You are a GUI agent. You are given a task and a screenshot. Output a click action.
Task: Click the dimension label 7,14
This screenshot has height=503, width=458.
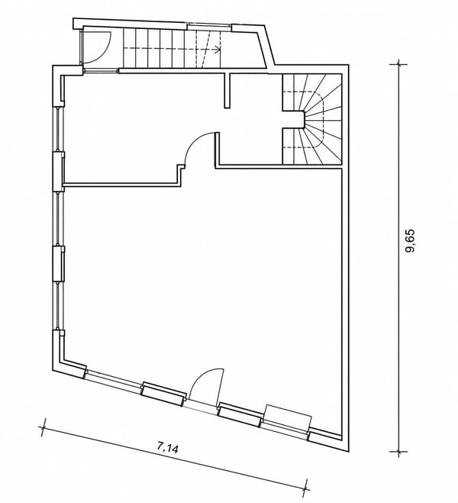[x=167, y=447]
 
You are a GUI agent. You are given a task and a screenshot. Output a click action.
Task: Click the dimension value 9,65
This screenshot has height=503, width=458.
[x=410, y=241]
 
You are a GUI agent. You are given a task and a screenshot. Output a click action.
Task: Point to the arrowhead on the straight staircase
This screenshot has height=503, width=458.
[x=217, y=49]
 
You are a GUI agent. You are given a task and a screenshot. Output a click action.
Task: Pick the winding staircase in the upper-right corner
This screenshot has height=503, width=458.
[x=312, y=119]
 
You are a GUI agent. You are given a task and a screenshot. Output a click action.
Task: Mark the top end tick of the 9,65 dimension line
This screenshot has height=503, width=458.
[x=398, y=64]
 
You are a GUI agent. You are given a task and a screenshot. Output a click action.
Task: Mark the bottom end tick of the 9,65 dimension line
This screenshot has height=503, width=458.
[x=398, y=452]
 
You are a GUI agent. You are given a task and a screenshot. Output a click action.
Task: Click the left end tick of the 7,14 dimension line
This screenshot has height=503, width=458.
[x=43, y=427]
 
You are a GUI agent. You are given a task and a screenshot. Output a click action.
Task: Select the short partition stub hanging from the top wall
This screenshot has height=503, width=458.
[x=227, y=90]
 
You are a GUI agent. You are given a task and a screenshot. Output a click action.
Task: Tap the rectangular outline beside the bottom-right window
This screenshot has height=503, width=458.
[x=288, y=418]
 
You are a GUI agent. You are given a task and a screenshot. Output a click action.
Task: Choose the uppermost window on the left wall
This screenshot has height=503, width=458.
[x=58, y=129]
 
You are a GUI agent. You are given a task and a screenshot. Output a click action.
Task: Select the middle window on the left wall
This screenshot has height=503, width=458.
[x=58, y=219]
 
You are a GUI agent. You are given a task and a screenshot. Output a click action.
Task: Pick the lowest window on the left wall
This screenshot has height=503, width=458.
[x=58, y=306]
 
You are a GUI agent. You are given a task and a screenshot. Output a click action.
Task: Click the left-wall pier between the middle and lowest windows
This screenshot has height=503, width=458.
[x=58, y=264]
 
